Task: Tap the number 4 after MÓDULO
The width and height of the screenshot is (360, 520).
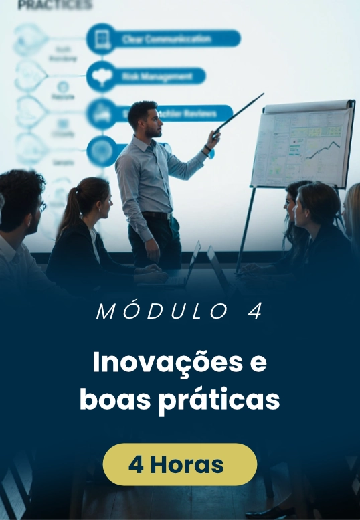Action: coord(255,313)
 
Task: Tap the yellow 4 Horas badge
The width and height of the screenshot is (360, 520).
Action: coord(179,464)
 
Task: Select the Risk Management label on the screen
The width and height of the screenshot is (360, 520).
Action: coord(158,76)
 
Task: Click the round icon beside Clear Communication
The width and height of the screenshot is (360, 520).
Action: coord(101,38)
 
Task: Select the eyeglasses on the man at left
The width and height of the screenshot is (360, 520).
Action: coord(41,206)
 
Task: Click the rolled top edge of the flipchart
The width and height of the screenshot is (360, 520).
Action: coord(308,106)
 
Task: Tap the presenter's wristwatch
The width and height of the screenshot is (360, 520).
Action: coord(207,149)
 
